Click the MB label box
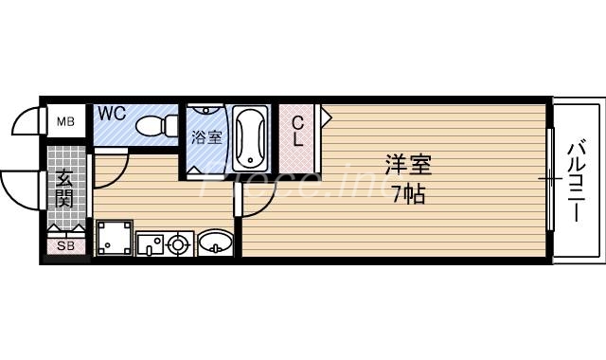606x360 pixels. click(x=65, y=121)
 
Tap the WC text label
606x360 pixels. click(x=112, y=114)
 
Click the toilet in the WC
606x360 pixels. click(x=160, y=124)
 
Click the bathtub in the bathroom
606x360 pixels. click(x=251, y=136)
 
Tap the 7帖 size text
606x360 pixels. click(x=408, y=196)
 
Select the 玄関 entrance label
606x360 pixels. click(x=64, y=188)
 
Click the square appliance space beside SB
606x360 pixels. click(x=112, y=238)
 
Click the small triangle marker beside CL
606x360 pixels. click(x=326, y=118)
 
